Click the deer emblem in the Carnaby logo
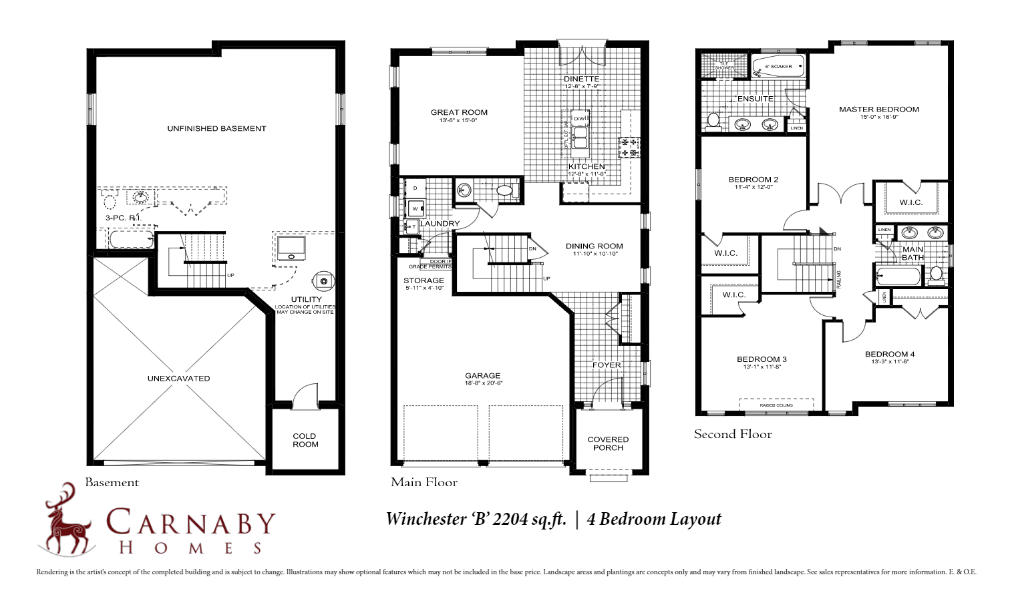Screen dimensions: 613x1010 (67, 520)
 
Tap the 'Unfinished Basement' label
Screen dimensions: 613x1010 (216, 128)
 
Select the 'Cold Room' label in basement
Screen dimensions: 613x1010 (305, 440)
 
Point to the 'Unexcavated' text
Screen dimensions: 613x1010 (178, 379)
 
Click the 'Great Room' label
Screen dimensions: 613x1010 (459, 112)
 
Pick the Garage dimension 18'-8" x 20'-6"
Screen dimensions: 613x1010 (483, 383)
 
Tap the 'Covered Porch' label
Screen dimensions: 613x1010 (608, 443)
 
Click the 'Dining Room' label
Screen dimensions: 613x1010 (594, 246)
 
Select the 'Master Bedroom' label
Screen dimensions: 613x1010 (878, 109)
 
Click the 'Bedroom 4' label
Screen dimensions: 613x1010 (889, 354)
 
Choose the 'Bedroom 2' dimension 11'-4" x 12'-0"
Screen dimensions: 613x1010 (753, 187)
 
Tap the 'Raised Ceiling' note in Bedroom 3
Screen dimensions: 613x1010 (776, 405)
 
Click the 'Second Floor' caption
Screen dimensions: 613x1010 (733, 434)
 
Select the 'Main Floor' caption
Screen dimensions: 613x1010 (424, 482)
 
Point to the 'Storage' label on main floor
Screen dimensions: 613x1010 (424, 280)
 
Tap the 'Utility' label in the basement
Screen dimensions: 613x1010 (306, 299)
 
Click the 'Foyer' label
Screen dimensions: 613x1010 (607, 365)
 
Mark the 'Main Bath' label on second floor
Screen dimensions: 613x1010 (912, 253)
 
